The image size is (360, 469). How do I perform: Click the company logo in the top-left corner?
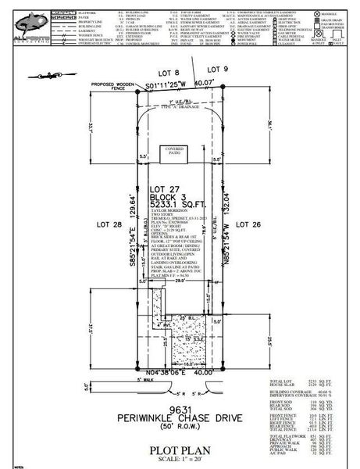tap(23, 23)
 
